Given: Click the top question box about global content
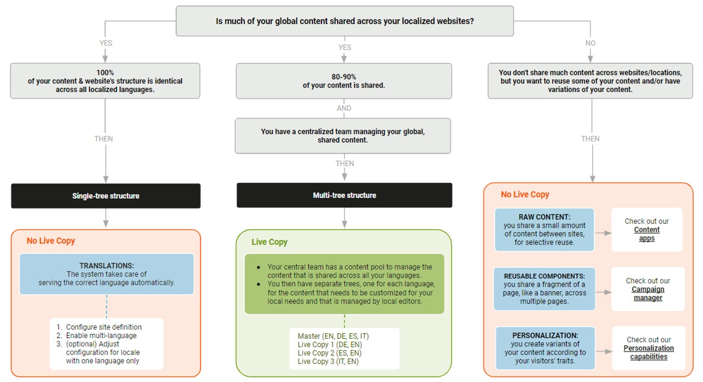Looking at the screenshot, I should click(344, 21).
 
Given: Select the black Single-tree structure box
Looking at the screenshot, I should click(105, 196).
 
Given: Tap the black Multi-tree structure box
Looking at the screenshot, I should click(344, 195).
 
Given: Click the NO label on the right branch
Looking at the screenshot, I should click(591, 43).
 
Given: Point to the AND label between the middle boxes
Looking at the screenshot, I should click(344, 108).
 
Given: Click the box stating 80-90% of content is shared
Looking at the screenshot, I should click(344, 81).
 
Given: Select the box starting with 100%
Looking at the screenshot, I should click(105, 80).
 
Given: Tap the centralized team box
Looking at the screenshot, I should click(343, 136).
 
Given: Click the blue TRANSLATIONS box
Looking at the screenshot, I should click(106, 274).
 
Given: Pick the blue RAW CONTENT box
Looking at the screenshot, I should click(544, 230).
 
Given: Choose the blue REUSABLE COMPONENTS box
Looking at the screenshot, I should click(544, 289).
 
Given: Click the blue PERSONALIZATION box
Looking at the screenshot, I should click(545, 348).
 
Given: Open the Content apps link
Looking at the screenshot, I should click(647, 234).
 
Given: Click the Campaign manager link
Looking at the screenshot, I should click(648, 294).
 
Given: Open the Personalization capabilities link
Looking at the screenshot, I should click(649, 352).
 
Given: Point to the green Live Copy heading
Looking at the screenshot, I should click(269, 242).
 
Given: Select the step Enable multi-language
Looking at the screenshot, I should click(101, 335).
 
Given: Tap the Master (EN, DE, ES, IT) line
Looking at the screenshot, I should click(333, 336).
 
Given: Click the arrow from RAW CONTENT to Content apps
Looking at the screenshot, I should click(603, 233).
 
